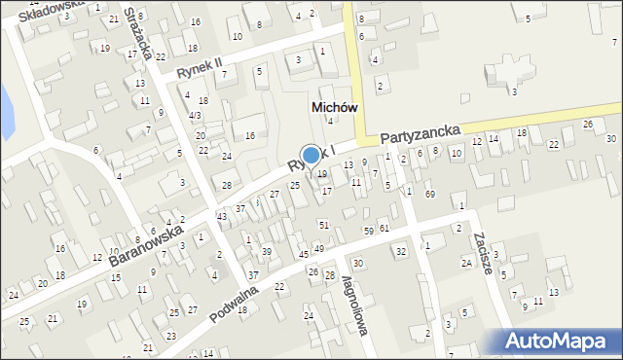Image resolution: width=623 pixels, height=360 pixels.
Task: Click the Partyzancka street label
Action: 419,137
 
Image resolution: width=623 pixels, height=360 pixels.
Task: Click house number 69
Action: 429,196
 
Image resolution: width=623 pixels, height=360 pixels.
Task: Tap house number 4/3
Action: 196,116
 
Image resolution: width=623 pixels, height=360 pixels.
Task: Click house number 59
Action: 368,231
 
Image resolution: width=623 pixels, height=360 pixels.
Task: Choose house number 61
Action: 385,228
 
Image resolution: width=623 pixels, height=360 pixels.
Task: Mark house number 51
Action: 324,225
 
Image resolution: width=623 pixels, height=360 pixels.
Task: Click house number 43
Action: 222,216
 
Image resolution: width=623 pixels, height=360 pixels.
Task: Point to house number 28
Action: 227,185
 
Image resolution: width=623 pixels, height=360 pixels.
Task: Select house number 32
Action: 400,252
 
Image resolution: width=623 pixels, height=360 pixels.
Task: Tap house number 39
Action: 266,252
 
